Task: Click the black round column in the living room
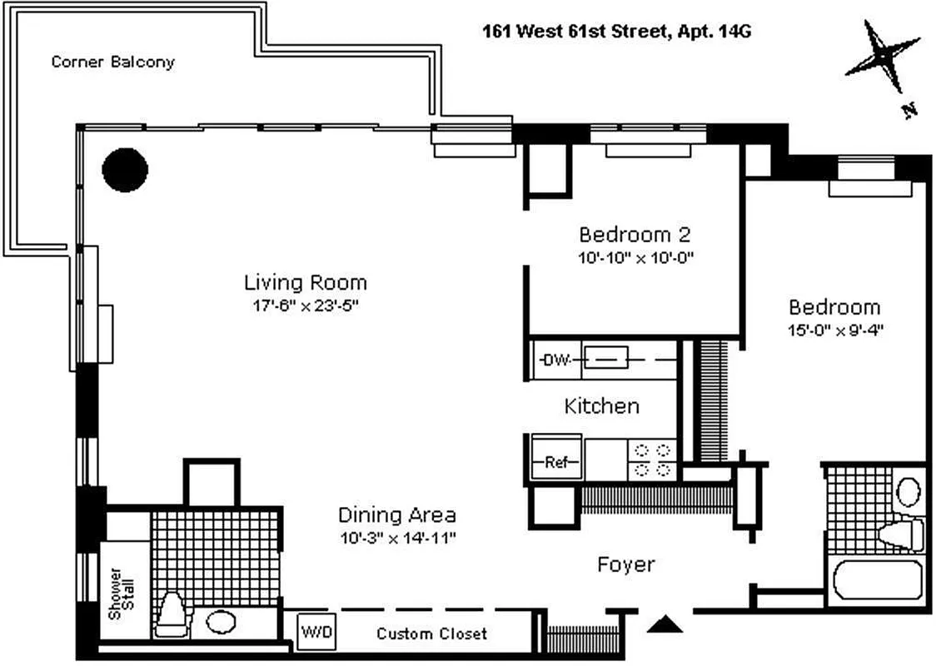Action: click(x=125, y=170)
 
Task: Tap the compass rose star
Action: click(x=883, y=57)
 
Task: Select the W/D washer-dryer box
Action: click(x=316, y=633)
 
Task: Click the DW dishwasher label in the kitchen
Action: click(x=554, y=360)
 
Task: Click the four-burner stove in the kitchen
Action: click(x=652, y=459)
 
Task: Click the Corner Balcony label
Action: click(x=112, y=62)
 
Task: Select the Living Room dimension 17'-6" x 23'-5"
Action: click(x=305, y=306)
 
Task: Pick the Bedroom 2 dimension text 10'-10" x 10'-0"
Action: click(x=636, y=258)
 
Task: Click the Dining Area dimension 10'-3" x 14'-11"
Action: click(x=396, y=538)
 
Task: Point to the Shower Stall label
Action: click(x=121, y=594)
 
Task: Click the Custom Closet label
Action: click(x=431, y=634)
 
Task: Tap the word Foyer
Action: click(x=625, y=564)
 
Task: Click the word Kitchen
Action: click(x=601, y=406)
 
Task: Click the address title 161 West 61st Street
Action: click(x=619, y=32)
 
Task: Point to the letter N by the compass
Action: click(x=910, y=109)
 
